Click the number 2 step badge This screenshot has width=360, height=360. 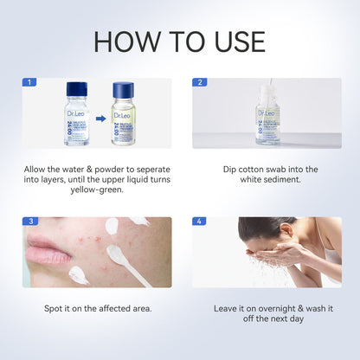tap(199, 82)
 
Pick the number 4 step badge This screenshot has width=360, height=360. tap(199, 221)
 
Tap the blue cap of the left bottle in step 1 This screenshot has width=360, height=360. tap(77, 88)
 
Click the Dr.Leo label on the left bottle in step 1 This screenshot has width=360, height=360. tap(78, 112)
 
